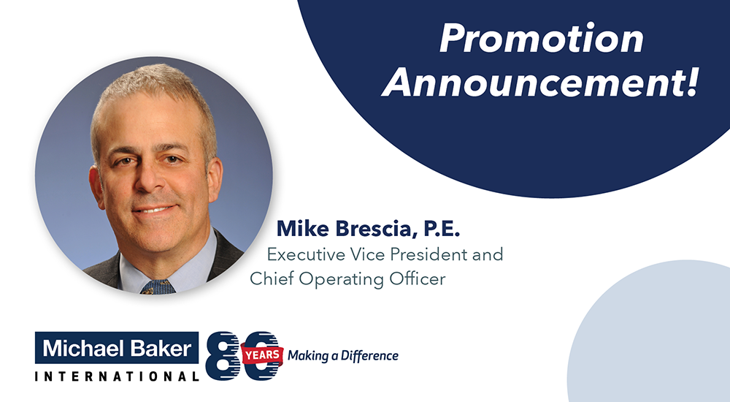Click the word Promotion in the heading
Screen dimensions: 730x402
tap(542, 38)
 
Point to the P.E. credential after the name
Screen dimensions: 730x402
tap(442, 229)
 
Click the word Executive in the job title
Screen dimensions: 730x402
tap(306, 254)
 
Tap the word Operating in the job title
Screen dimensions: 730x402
tap(341, 279)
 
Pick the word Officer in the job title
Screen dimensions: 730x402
tap(418, 278)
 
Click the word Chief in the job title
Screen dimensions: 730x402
tap(272, 278)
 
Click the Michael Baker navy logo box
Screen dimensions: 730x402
tap(117, 348)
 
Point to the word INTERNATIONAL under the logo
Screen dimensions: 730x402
tap(117, 376)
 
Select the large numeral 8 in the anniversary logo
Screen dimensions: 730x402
tap(223, 356)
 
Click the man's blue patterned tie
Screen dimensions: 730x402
tap(158, 287)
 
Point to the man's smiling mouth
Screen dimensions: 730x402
tap(155, 208)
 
